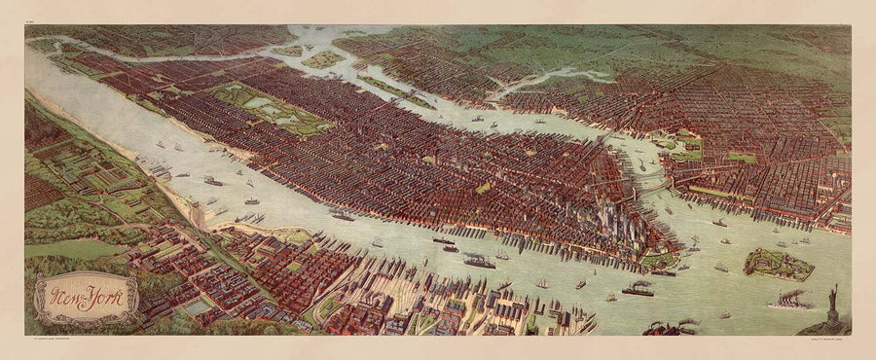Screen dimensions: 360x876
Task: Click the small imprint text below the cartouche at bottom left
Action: point(58,340)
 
